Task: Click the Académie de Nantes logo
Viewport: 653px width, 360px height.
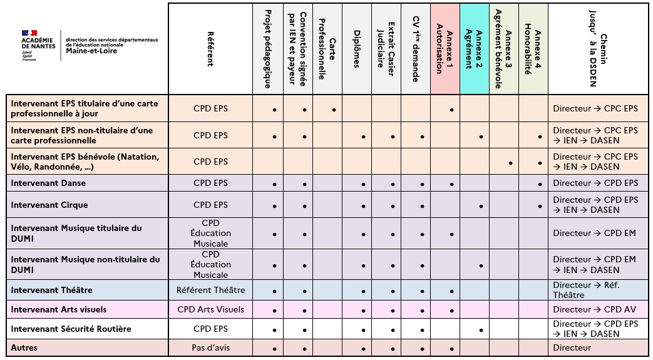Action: click(38, 44)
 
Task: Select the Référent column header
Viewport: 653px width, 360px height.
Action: click(210, 49)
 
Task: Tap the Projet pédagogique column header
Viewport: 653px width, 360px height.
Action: click(267, 49)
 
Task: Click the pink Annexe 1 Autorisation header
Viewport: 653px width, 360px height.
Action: click(445, 49)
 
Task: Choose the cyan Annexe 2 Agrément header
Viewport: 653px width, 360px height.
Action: click(474, 49)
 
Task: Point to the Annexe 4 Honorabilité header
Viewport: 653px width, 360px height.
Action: click(533, 49)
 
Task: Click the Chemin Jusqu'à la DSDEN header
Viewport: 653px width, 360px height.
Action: click(598, 49)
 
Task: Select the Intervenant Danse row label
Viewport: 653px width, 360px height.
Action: click(48, 183)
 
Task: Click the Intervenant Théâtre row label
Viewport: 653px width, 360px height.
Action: click(51, 290)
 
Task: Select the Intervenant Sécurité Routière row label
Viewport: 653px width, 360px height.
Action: click(71, 329)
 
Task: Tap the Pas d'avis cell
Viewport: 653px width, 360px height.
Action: click(210, 347)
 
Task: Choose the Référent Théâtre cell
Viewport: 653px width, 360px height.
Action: click(210, 290)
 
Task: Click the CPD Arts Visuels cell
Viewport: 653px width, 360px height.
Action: click(210, 309)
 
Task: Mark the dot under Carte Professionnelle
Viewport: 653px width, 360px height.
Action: click(334, 110)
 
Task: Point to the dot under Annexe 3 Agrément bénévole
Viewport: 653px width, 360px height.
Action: click(511, 163)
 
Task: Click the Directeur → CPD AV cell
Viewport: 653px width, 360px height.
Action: click(594, 309)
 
